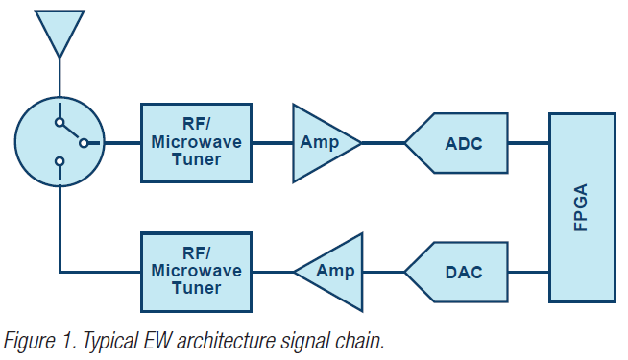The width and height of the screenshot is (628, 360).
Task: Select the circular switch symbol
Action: point(60,143)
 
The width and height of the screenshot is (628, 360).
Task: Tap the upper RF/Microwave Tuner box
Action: point(197,143)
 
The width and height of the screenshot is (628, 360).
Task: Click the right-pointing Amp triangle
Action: point(321,143)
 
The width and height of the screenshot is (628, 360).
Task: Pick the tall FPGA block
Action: point(582,206)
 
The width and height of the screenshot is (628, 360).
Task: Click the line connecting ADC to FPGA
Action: point(528,143)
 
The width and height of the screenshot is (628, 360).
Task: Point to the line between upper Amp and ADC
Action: point(384,143)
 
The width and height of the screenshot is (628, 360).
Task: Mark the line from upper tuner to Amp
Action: point(273,143)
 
